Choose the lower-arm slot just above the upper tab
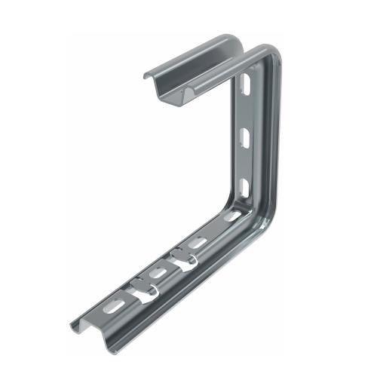pyautogui.click(x=198, y=243)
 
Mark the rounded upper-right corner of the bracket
pyautogui.click(x=270, y=54)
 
